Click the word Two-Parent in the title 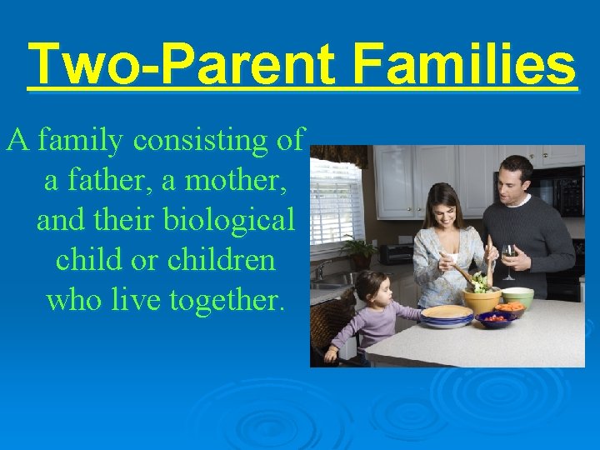[x=181, y=65]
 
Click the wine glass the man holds [x=508, y=258]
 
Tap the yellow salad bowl [x=482, y=299]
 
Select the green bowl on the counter [x=517, y=296]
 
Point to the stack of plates [x=447, y=316]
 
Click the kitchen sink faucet [x=320, y=268]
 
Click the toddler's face [x=367, y=292]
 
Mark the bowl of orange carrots [x=510, y=308]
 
